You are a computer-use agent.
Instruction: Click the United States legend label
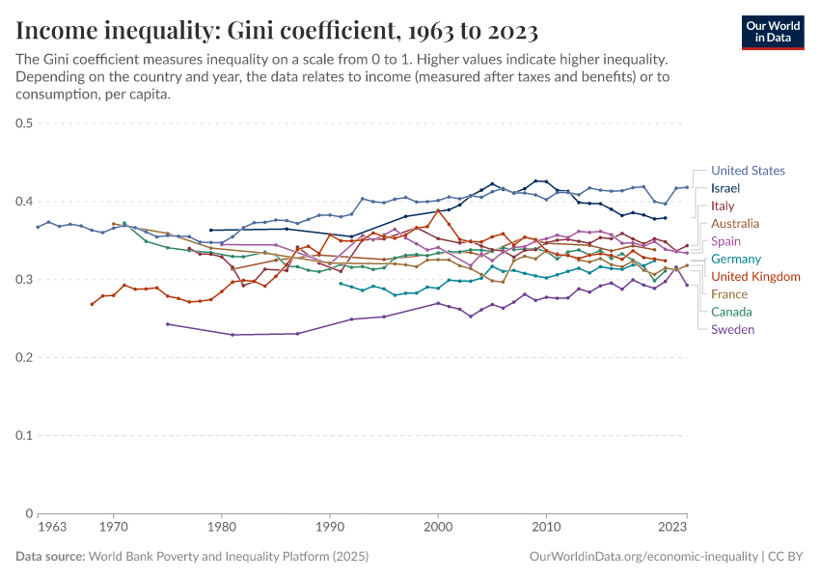point(748,171)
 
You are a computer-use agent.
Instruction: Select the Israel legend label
point(725,188)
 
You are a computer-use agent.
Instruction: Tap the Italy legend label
point(723,207)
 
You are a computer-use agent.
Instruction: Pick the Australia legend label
point(735,224)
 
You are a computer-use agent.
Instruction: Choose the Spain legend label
point(726,241)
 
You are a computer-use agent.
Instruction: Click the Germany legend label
point(736,259)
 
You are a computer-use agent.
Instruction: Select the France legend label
point(729,294)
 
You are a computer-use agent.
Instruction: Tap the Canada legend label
point(731,312)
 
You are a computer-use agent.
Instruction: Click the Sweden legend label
point(733,329)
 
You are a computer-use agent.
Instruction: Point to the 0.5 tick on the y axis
point(25,124)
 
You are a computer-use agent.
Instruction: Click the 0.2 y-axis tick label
point(25,358)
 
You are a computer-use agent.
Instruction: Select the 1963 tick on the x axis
point(52,527)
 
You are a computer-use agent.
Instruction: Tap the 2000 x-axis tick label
point(439,527)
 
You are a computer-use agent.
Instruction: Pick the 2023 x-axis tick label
point(672,527)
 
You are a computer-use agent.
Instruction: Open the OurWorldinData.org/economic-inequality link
point(643,557)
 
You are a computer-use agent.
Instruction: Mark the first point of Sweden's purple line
point(168,324)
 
